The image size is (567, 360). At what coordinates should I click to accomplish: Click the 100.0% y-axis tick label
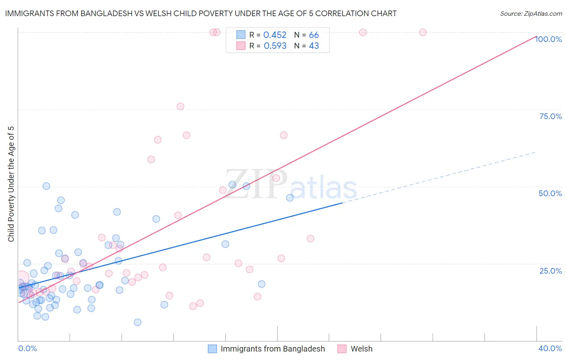(548, 39)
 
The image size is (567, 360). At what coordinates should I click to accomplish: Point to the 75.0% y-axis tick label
(550, 116)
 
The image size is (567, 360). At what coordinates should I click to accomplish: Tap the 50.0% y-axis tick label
(550, 193)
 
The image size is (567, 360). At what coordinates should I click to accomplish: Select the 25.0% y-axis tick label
(550, 271)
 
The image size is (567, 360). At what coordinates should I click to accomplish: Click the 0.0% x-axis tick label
(27, 348)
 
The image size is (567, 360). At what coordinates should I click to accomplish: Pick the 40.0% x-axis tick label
(550, 348)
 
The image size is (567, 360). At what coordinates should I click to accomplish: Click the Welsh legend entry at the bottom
(361, 349)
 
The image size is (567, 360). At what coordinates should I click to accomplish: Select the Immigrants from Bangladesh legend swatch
(213, 349)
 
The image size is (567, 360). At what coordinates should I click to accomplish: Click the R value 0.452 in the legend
(275, 35)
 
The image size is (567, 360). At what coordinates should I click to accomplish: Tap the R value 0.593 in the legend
(275, 46)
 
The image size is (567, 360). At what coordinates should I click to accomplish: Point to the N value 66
(314, 35)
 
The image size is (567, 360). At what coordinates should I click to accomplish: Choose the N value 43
(314, 46)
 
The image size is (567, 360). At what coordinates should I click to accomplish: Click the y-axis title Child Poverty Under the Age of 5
(11, 184)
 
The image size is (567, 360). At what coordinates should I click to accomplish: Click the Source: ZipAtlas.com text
(531, 14)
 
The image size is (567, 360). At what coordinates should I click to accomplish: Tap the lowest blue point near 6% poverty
(138, 322)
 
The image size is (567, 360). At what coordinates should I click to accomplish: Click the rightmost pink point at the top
(423, 32)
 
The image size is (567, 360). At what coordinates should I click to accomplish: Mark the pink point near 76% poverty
(180, 107)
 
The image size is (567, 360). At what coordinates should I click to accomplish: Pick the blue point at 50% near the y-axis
(46, 186)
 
